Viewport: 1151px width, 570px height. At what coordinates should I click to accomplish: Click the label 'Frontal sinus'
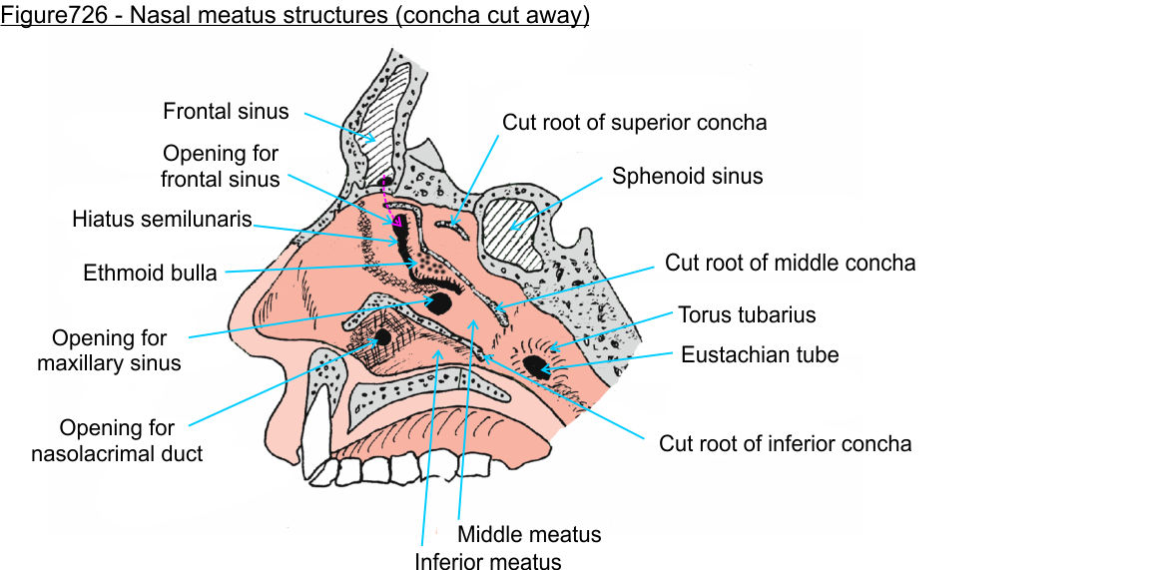[x=226, y=111]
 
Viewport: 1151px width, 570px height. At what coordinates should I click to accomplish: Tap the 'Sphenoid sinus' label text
[x=687, y=177]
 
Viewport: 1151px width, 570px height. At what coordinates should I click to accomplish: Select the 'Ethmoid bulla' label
[x=151, y=273]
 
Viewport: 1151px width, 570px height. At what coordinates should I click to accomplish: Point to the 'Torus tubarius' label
[x=747, y=315]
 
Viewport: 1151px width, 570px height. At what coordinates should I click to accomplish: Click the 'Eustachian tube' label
[x=760, y=354]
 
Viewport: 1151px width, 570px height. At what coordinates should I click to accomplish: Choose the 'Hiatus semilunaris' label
[x=162, y=219]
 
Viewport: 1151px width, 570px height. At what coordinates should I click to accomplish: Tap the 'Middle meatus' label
[x=529, y=534]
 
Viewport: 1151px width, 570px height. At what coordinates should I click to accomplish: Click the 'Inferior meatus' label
[x=488, y=562]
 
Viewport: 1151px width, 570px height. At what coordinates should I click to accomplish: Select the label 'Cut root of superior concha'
[x=634, y=123]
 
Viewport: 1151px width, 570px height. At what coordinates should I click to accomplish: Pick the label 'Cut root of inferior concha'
[x=785, y=442]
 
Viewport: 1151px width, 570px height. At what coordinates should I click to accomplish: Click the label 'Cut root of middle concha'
[x=790, y=264]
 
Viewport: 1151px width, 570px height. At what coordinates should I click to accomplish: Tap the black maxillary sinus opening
[x=439, y=300]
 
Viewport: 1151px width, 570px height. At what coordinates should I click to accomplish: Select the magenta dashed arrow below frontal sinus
[x=389, y=200]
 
